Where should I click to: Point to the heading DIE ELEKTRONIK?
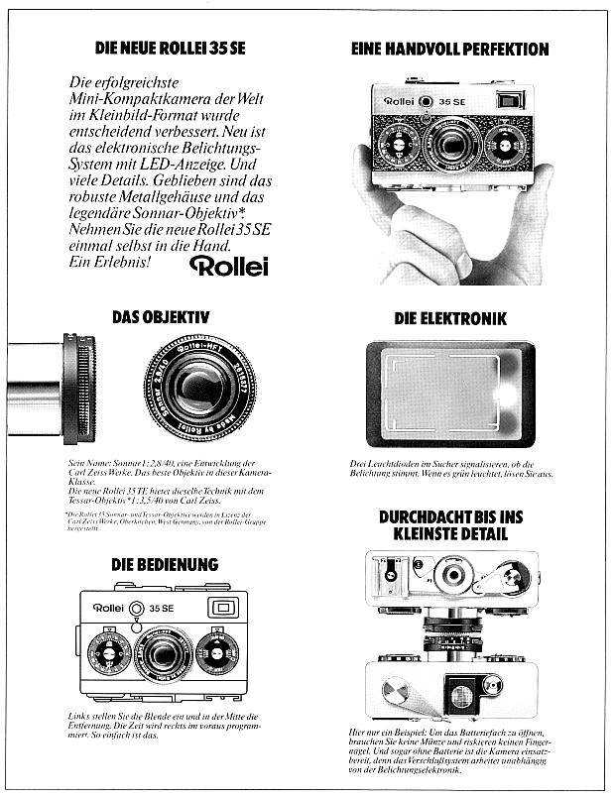click(x=450, y=319)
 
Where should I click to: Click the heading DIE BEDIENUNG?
click(x=165, y=564)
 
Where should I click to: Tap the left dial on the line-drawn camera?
click(x=109, y=654)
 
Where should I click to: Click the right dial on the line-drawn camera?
click(x=217, y=653)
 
